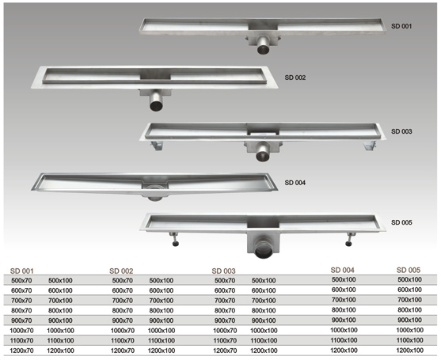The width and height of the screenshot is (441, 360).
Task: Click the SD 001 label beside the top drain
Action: [401, 26]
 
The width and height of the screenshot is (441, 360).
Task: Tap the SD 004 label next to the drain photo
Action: [295, 183]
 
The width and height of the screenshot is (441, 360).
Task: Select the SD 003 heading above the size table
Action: [223, 271]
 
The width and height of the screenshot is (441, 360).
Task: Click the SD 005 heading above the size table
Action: [409, 270]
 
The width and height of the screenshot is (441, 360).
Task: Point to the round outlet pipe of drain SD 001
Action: [263, 47]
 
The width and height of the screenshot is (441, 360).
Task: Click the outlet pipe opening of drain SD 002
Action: [156, 105]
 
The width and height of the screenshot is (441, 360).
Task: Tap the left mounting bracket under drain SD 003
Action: [157, 146]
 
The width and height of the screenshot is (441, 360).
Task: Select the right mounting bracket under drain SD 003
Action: [369, 146]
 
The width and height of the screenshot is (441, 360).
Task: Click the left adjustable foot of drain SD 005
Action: [174, 239]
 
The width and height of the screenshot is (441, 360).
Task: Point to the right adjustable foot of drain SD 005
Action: [351, 239]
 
